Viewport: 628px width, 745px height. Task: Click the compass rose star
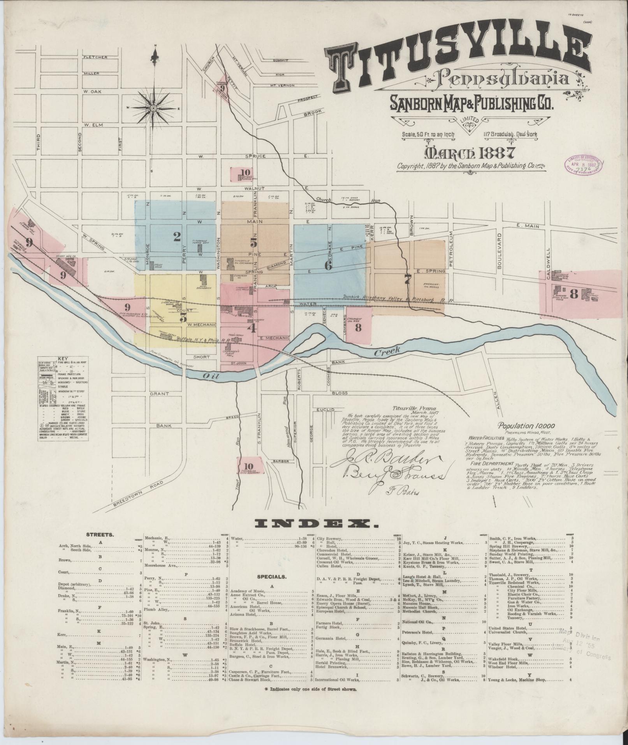pyautogui.click(x=153, y=108)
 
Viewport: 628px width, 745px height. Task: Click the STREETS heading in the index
pyautogui.click(x=100, y=535)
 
